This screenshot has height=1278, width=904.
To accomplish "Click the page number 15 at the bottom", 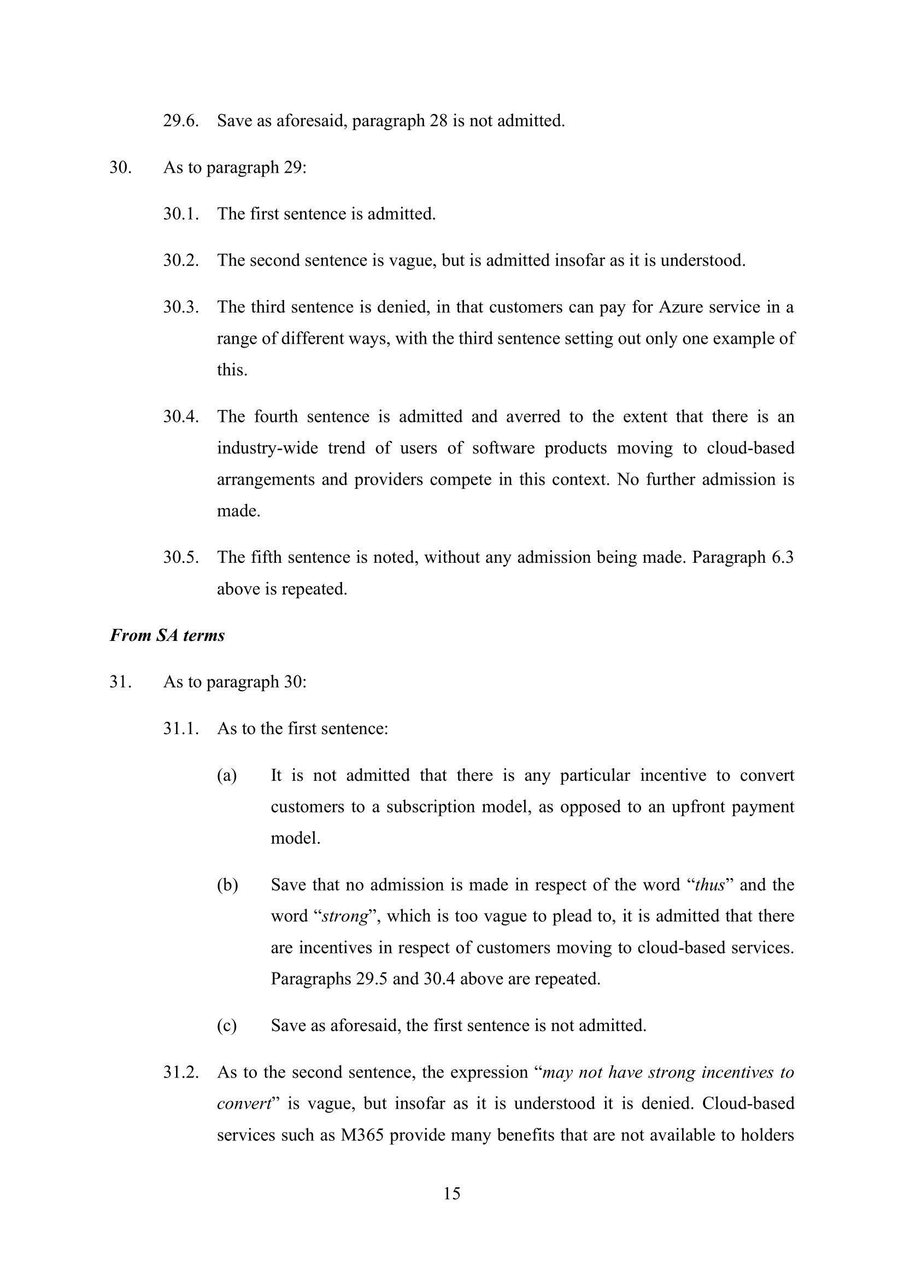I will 451,1193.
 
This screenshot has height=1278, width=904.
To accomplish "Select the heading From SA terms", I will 167,635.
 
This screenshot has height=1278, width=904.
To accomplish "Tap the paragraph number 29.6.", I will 180,121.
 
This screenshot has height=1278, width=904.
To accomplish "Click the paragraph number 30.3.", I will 180,307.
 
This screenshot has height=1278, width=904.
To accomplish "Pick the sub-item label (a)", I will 227,775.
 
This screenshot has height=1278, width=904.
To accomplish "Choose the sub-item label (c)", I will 227,1025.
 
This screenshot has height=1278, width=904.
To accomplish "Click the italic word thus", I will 710,885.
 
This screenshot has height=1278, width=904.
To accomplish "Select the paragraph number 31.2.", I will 180,1072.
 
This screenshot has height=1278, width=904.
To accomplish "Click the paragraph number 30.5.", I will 180,557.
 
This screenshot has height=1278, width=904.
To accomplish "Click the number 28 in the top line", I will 439,121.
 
